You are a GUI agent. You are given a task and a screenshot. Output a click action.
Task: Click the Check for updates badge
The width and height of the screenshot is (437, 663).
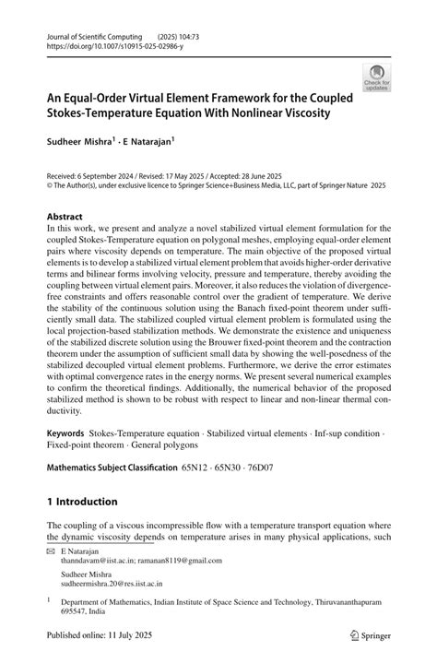375,77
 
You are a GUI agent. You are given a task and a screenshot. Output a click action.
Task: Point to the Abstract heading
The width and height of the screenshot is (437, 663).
69,217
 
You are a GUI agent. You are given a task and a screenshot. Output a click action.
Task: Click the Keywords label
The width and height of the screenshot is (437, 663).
66,432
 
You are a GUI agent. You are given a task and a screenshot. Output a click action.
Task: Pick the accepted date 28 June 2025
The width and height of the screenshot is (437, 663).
301,172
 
